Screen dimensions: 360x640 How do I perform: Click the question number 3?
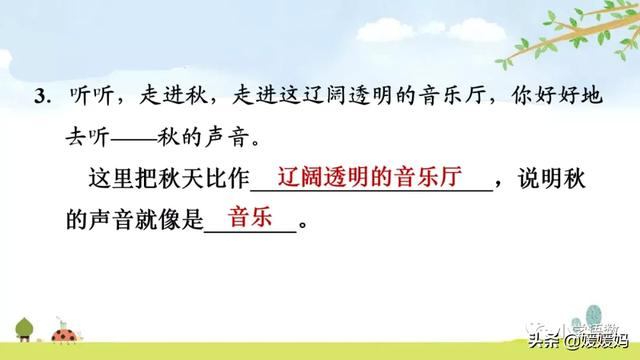pos(41,98)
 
